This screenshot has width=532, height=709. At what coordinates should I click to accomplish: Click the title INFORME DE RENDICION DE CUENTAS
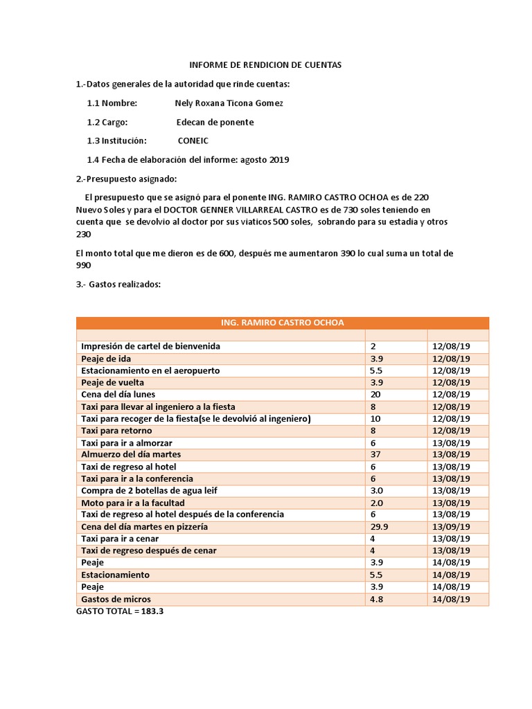coord(266,65)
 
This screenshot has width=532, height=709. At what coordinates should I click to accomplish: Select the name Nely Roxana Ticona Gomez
coord(229,103)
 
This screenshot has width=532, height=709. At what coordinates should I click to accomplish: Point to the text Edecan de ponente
coord(215,122)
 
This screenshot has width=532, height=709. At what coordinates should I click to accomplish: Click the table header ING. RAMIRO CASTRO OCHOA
coord(282,323)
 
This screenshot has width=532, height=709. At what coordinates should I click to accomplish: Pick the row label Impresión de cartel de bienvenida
coord(150,346)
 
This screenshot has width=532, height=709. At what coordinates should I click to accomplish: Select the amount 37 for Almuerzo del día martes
coord(376,454)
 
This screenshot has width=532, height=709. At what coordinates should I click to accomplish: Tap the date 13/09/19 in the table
coord(451,526)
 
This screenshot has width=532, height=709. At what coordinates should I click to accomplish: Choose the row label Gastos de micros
coord(116,599)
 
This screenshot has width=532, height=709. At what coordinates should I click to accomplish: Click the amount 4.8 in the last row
coord(377,599)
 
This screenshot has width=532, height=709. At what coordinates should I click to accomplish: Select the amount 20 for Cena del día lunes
coord(376,394)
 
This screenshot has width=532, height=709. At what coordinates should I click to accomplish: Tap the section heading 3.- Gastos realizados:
coord(118,283)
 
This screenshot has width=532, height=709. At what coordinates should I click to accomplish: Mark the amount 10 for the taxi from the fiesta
coord(376,418)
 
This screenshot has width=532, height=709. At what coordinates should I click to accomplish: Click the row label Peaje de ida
coord(106,359)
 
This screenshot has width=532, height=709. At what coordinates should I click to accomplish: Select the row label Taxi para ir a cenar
coord(120,539)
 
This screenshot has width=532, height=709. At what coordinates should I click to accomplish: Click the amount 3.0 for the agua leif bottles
coord(377,490)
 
